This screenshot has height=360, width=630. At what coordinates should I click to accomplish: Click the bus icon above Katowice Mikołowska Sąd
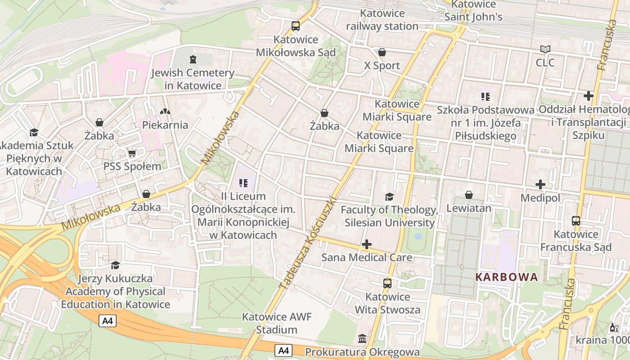[295, 26]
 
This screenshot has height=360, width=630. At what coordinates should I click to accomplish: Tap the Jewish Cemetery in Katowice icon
[193, 59]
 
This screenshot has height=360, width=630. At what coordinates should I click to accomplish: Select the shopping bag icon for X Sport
[382, 52]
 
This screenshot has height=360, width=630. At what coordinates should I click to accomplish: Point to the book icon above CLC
[545, 49]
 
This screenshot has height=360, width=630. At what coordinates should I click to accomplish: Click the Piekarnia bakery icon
[165, 111]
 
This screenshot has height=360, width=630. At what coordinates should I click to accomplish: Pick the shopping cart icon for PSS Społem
[132, 153]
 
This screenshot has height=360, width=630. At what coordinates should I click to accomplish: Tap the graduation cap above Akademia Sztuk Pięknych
[34, 132]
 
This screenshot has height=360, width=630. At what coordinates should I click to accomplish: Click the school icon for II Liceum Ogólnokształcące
[243, 183]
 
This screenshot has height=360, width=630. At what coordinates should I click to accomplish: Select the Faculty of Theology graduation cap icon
[389, 197]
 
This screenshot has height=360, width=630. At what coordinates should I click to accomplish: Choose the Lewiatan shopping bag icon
[469, 195]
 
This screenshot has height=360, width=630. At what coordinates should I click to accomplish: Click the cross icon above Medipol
[540, 184]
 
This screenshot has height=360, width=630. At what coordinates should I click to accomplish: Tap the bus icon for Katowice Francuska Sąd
[576, 221]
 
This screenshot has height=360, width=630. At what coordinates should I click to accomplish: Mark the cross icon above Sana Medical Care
[367, 244]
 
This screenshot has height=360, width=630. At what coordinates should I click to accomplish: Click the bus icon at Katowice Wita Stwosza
[387, 283]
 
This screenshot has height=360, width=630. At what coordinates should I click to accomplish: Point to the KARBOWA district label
[507, 277]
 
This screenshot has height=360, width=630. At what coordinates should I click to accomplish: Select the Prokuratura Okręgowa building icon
[362, 338]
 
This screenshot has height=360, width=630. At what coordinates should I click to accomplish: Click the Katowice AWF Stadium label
[277, 323]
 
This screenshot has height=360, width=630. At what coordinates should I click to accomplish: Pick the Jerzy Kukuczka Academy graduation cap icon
[116, 265]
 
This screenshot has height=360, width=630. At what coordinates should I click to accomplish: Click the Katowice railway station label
[382, 20]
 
